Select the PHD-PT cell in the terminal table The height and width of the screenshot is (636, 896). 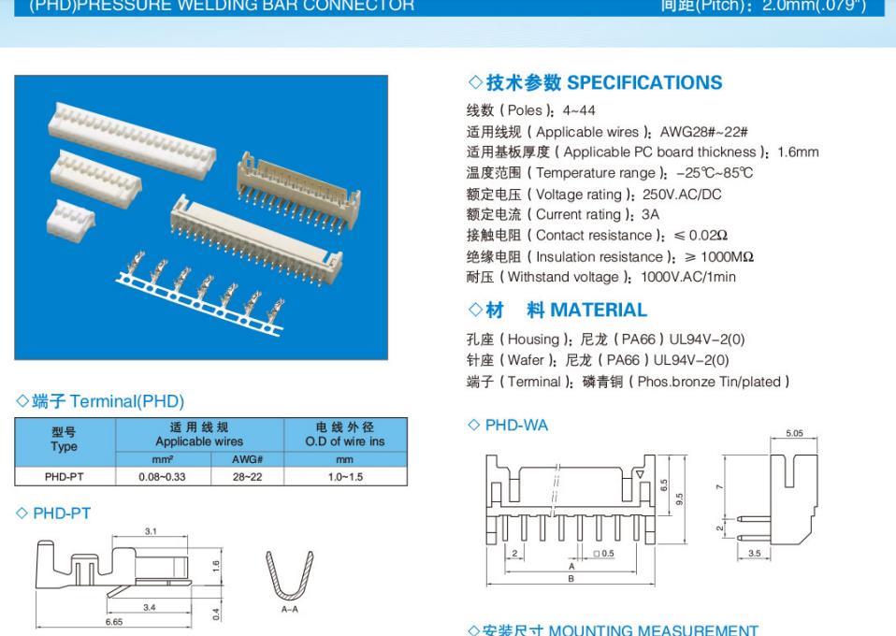coord(65,476)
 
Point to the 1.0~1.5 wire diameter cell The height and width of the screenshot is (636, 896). coord(346,476)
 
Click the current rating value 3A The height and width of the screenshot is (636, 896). coord(650,215)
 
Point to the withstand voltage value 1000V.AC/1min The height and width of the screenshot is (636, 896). coord(688,277)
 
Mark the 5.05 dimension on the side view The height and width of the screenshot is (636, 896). coord(794,434)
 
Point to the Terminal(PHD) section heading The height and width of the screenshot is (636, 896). coord(100,402)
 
